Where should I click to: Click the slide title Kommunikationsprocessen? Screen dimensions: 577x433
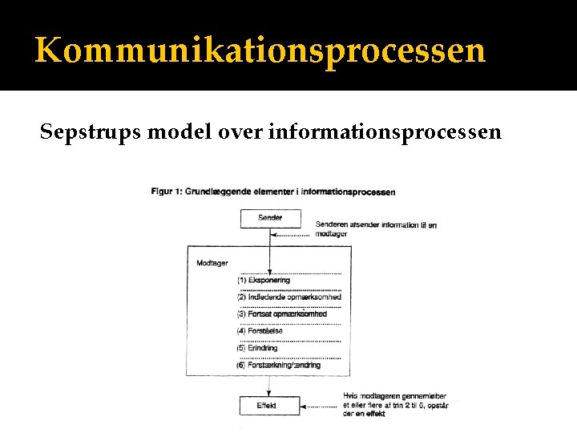tap(260, 50)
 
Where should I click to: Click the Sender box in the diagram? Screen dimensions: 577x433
tap(270, 218)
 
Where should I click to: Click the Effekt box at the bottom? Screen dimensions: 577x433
tap(269, 406)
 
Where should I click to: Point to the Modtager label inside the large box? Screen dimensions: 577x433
tap(212, 263)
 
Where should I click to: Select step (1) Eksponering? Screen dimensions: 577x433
tap(264, 281)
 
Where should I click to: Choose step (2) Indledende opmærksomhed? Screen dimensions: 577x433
tap(288, 297)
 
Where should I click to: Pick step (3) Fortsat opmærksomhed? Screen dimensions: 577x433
tap(281, 314)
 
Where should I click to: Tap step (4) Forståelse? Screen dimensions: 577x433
tap(260, 331)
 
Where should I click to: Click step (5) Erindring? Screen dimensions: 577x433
tap(257, 348)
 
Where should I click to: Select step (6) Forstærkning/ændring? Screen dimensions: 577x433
tap(278, 366)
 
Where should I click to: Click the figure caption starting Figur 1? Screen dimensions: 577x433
tap(272, 192)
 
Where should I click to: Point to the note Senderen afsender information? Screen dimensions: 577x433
tap(375, 229)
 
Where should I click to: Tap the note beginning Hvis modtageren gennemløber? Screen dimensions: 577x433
tap(395, 405)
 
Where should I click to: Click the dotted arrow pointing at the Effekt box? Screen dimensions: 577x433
tap(321, 407)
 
